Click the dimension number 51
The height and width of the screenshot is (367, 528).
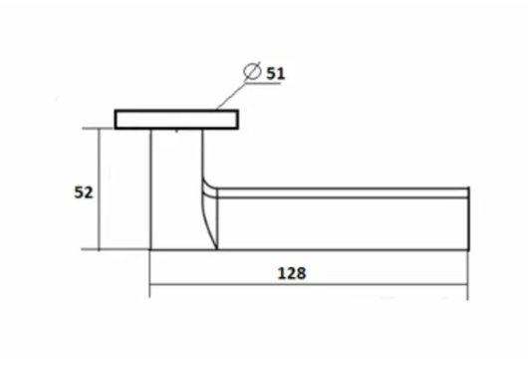[275, 74]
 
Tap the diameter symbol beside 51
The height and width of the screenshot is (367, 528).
[252, 71]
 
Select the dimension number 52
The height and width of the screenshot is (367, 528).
[83, 192]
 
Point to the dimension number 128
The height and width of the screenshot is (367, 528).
[292, 273]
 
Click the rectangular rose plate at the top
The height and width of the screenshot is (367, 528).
[176, 120]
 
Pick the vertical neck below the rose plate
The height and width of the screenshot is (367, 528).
[176, 188]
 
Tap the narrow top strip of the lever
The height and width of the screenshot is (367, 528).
[343, 192]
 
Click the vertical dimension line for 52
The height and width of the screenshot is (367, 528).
[99, 189]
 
